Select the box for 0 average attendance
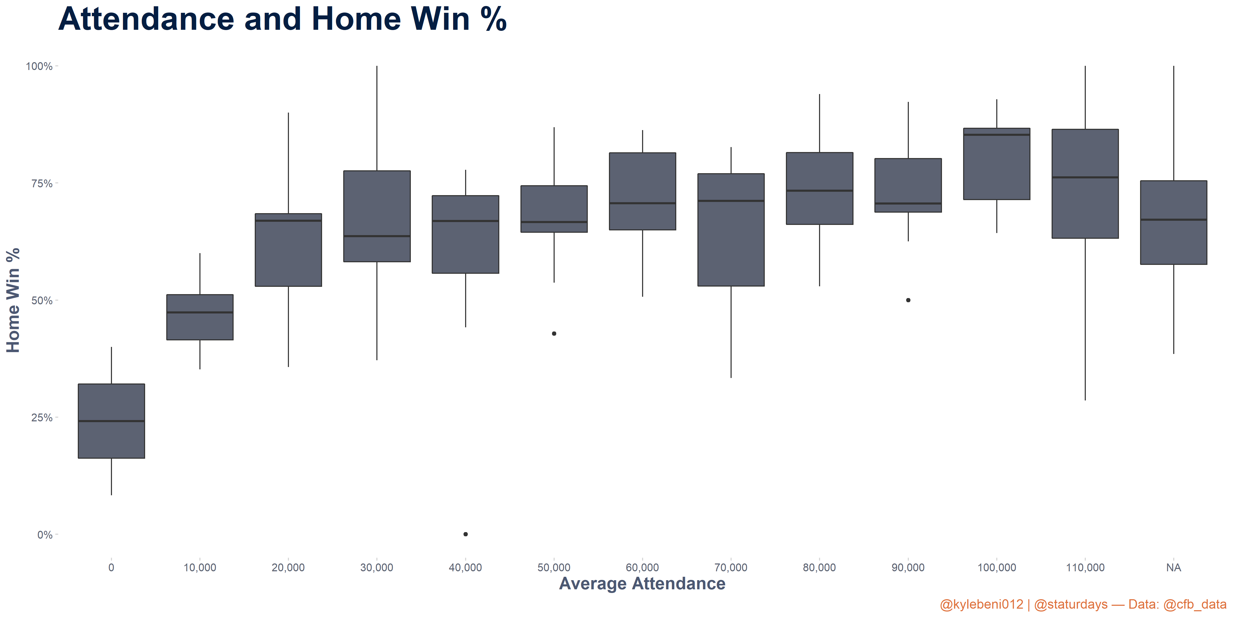click(111, 421)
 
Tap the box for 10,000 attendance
click(200, 317)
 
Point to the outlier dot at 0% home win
click(466, 534)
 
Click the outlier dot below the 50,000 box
click(554, 333)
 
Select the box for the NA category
click(1174, 222)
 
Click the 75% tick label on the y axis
click(42, 183)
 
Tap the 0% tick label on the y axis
click(45, 535)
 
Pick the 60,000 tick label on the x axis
click(642, 568)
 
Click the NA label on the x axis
click(1174, 568)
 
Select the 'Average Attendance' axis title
click(642, 584)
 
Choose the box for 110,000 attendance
click(1085, 183)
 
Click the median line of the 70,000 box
click(731, 201)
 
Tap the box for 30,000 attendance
click(377, 216)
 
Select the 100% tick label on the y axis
click(39, 66)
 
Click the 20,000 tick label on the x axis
click(288, 568)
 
